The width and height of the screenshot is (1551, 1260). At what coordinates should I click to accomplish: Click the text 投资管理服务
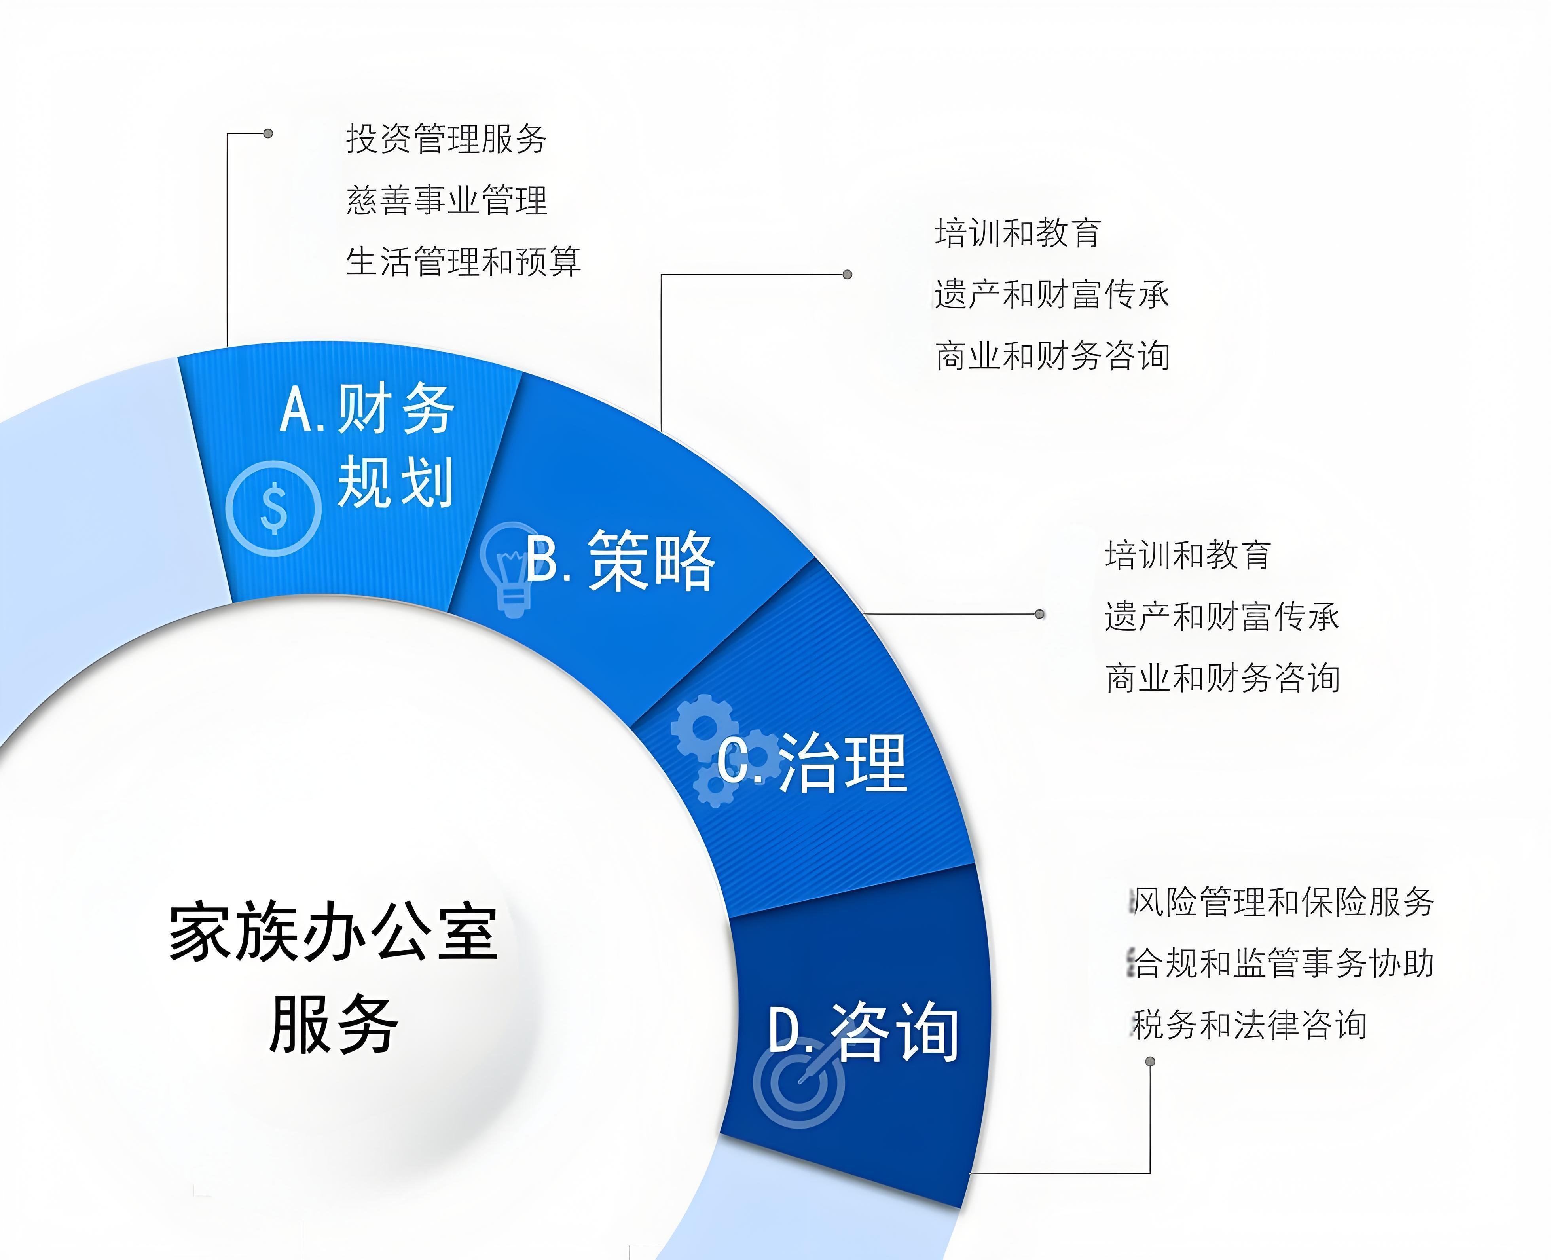[446, 138]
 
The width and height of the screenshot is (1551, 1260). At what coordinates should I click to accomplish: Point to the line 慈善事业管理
[446, 199]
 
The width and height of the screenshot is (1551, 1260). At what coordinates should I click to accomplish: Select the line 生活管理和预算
[463, 261]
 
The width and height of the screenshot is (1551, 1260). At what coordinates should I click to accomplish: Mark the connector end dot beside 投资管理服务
[268, 133]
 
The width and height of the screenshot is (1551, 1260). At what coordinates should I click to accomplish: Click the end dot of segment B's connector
[847, 274]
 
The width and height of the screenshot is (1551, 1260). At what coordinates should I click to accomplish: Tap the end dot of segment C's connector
[1039, 614]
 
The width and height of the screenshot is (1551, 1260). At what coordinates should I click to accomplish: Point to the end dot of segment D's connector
[1150, 1061]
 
